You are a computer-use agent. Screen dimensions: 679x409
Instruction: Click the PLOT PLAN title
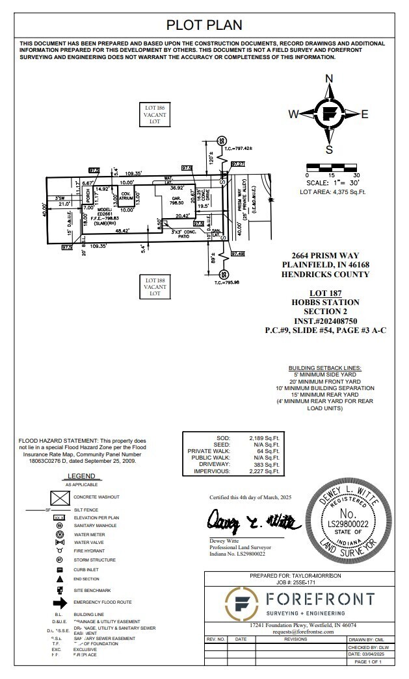[204, 25]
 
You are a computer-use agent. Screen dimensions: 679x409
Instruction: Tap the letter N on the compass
[329, 79]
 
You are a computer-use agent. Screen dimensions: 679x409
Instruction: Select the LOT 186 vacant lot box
[155, 114]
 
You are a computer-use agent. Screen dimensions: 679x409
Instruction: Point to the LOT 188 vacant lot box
[155, 286]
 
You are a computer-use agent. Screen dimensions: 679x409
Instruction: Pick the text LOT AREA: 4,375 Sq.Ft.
[332, 191]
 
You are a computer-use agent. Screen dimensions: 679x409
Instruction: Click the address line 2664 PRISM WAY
[325, 255]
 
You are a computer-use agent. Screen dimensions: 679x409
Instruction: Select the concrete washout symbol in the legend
[60, 499]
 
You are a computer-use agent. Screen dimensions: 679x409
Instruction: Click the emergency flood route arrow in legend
[60, 602]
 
